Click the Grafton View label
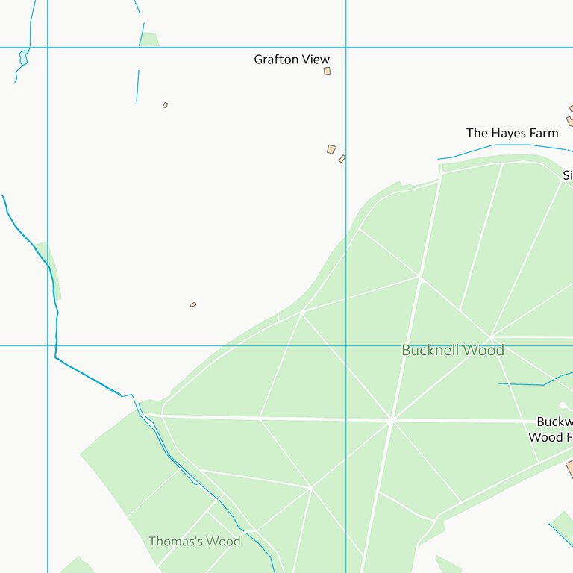291,60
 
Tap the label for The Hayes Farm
512,133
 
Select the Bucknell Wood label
452,350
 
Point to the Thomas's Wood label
194,541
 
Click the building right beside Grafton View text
327,71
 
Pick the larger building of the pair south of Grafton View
331,149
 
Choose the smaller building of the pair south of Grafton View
342,159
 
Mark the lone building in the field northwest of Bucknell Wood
192,304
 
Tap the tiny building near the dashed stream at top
165,105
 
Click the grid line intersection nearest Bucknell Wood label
345,345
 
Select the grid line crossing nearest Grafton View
345,47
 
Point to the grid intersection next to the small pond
47,47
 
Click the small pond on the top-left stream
23,57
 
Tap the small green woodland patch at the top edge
149,39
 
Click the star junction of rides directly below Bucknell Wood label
392,419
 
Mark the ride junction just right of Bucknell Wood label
491,336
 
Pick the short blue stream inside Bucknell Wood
522,384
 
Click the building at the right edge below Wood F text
569,469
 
